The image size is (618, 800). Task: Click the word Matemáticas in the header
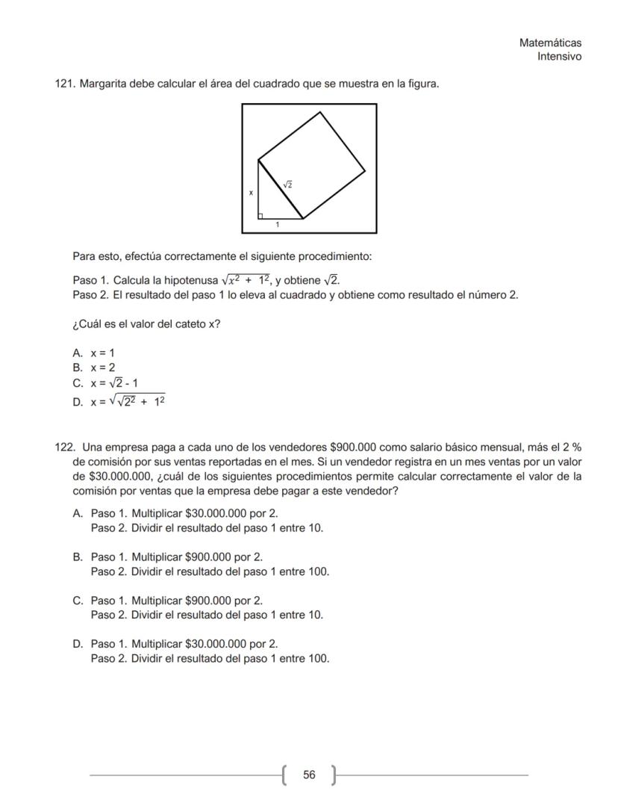pos(550,43)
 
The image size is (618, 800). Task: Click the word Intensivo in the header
pos(559,57)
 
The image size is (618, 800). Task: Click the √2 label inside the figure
pos(287,184)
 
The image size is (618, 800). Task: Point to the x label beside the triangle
pos(251,193)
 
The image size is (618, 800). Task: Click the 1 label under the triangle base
pos(278,225)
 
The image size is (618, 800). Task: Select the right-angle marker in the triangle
pos(260,216)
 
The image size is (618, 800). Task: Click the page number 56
pos(309,775)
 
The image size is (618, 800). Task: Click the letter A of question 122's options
pos(77,513)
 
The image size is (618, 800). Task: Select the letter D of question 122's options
pos(77,643)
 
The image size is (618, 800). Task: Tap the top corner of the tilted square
pos(321,112)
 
